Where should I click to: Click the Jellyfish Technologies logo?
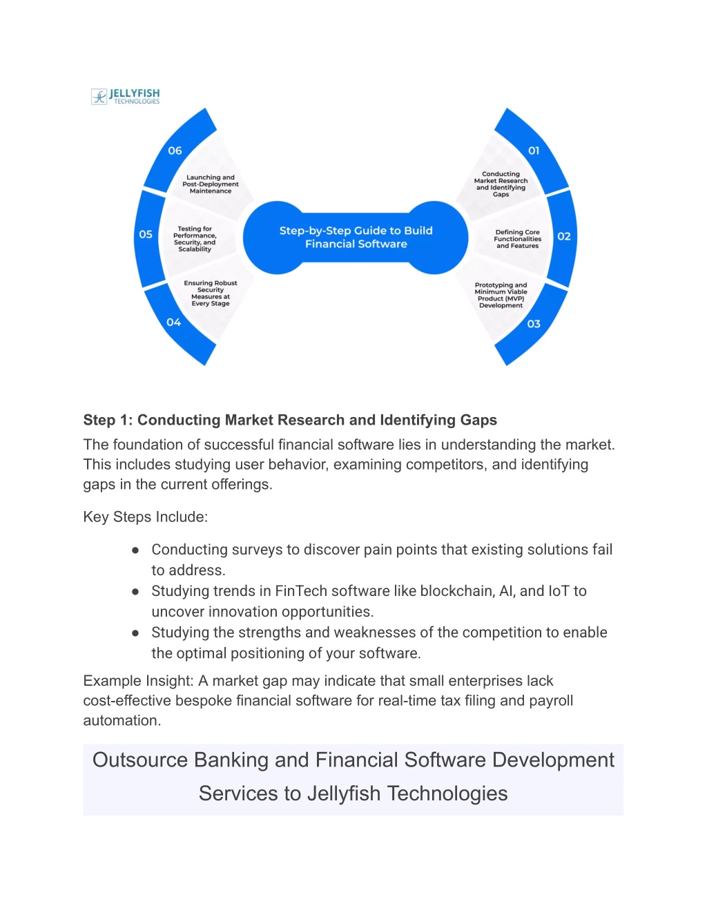click(126, 97)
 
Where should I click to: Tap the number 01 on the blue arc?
click(534, 151)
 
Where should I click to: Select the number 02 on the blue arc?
click(564, 236)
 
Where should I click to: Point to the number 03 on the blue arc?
click(534, 324)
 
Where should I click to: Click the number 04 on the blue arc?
click(173, 322)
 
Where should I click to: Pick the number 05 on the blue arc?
click(146, 234)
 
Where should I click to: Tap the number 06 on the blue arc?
click(175, 151)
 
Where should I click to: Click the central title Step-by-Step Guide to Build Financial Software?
click(356, 237)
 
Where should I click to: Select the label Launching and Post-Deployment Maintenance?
click(211, 184)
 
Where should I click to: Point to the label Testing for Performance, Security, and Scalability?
click(195, 239)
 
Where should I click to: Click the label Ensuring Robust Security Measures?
click(211, 293)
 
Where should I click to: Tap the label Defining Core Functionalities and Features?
click(518, 239)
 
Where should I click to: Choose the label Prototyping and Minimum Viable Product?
click(501, 295)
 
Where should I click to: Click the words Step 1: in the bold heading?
click(108, 421)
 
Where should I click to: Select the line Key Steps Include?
click(146, 517)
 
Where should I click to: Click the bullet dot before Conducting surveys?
click(135, 550)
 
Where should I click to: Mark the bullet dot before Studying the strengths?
click(135, 633)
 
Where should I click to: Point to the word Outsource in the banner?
click(140, 760)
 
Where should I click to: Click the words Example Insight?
click(139, 681)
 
